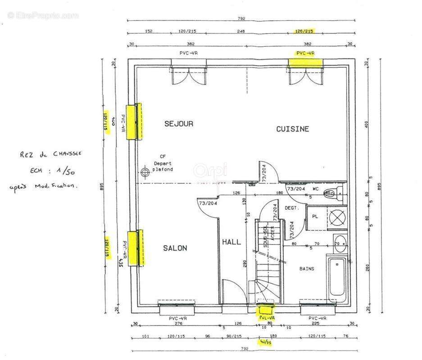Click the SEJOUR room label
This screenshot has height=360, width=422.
tap(178, 124)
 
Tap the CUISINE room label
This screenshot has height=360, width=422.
tap(292, 129)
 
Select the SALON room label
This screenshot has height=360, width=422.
tap(175, 248)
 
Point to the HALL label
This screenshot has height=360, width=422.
tap(231, 242)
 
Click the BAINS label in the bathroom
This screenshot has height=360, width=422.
tap(307, 269)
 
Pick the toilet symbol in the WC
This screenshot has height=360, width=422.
tap(332, 192)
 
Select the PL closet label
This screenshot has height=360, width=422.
tap(315, 216)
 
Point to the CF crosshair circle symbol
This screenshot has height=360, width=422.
tap(145, 172)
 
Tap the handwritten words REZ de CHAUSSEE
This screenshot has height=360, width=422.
tap(50, 154)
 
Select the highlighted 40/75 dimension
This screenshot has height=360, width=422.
tap(266, 342)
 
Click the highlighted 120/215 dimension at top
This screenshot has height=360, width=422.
tap(304, 31)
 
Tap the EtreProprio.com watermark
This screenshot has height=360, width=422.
tap(43, 15)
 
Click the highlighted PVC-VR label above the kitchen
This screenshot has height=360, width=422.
tap(305, 53)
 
